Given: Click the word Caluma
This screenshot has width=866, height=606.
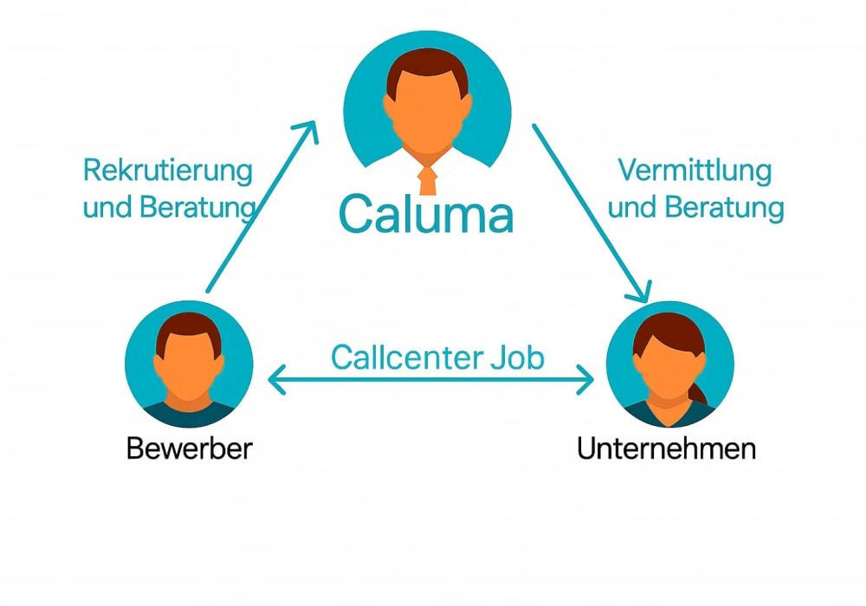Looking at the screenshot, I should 426,215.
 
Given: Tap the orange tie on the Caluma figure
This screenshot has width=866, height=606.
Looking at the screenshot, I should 427,179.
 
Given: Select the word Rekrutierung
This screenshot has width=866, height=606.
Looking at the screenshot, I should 168,170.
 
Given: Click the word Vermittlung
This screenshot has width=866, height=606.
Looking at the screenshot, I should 695,170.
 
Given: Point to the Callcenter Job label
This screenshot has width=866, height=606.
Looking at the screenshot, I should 437,357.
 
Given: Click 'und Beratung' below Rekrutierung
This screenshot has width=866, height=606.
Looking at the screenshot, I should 170,208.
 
